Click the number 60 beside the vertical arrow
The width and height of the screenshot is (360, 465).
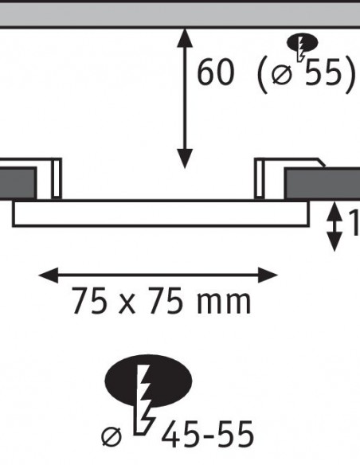click(x=216, y=72)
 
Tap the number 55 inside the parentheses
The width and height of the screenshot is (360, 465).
click(x=323, y=72)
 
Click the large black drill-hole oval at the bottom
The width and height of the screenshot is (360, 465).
click(x=148, y=382)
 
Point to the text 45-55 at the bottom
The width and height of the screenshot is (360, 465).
click(x=208, y=434)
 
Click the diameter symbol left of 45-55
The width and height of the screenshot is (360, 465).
click(x=112, y=436)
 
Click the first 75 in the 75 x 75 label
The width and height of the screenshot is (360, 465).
click(x=89, y=301)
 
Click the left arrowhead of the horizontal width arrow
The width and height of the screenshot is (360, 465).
click(x=49, y=275)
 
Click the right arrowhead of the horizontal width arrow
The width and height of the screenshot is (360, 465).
click(x=268, y=275)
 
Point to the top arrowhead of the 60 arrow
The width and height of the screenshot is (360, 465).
click(x=185, y=37)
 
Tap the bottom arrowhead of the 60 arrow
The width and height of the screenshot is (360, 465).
click(x=185, y=158)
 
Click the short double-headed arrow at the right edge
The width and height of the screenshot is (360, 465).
click(x=335, y=226)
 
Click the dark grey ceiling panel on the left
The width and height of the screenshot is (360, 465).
click(x=18, y=184)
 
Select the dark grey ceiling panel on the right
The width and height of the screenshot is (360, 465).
click(x=323, y=184)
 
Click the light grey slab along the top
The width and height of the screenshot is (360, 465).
click(x=180, y=14)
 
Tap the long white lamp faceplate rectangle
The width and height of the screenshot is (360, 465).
click(x=161, y=214)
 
